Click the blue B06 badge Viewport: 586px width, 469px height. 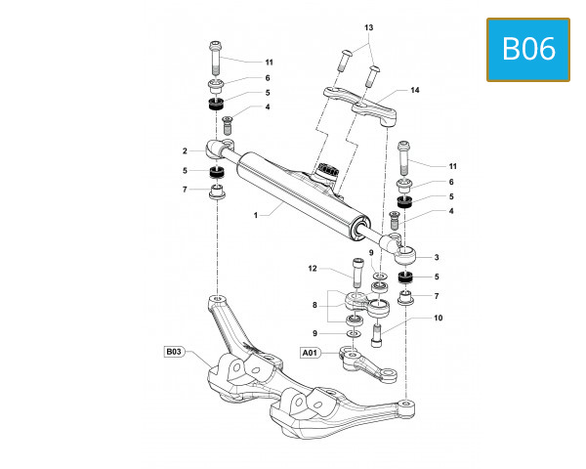pos(527,49)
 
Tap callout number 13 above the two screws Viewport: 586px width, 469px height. pos(368,27)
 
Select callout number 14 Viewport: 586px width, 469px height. pos(414,90)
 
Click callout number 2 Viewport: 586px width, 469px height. pos(184,150)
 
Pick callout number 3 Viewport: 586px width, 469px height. pos(437,257)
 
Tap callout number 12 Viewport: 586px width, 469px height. pos(313,268)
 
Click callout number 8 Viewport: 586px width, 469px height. pos(314,306)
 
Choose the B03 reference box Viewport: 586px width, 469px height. pos(173,350)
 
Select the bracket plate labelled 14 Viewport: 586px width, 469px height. pos(361,100)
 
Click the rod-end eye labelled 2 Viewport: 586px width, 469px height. pos(218,149)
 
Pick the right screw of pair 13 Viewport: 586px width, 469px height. pos(373,72)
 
